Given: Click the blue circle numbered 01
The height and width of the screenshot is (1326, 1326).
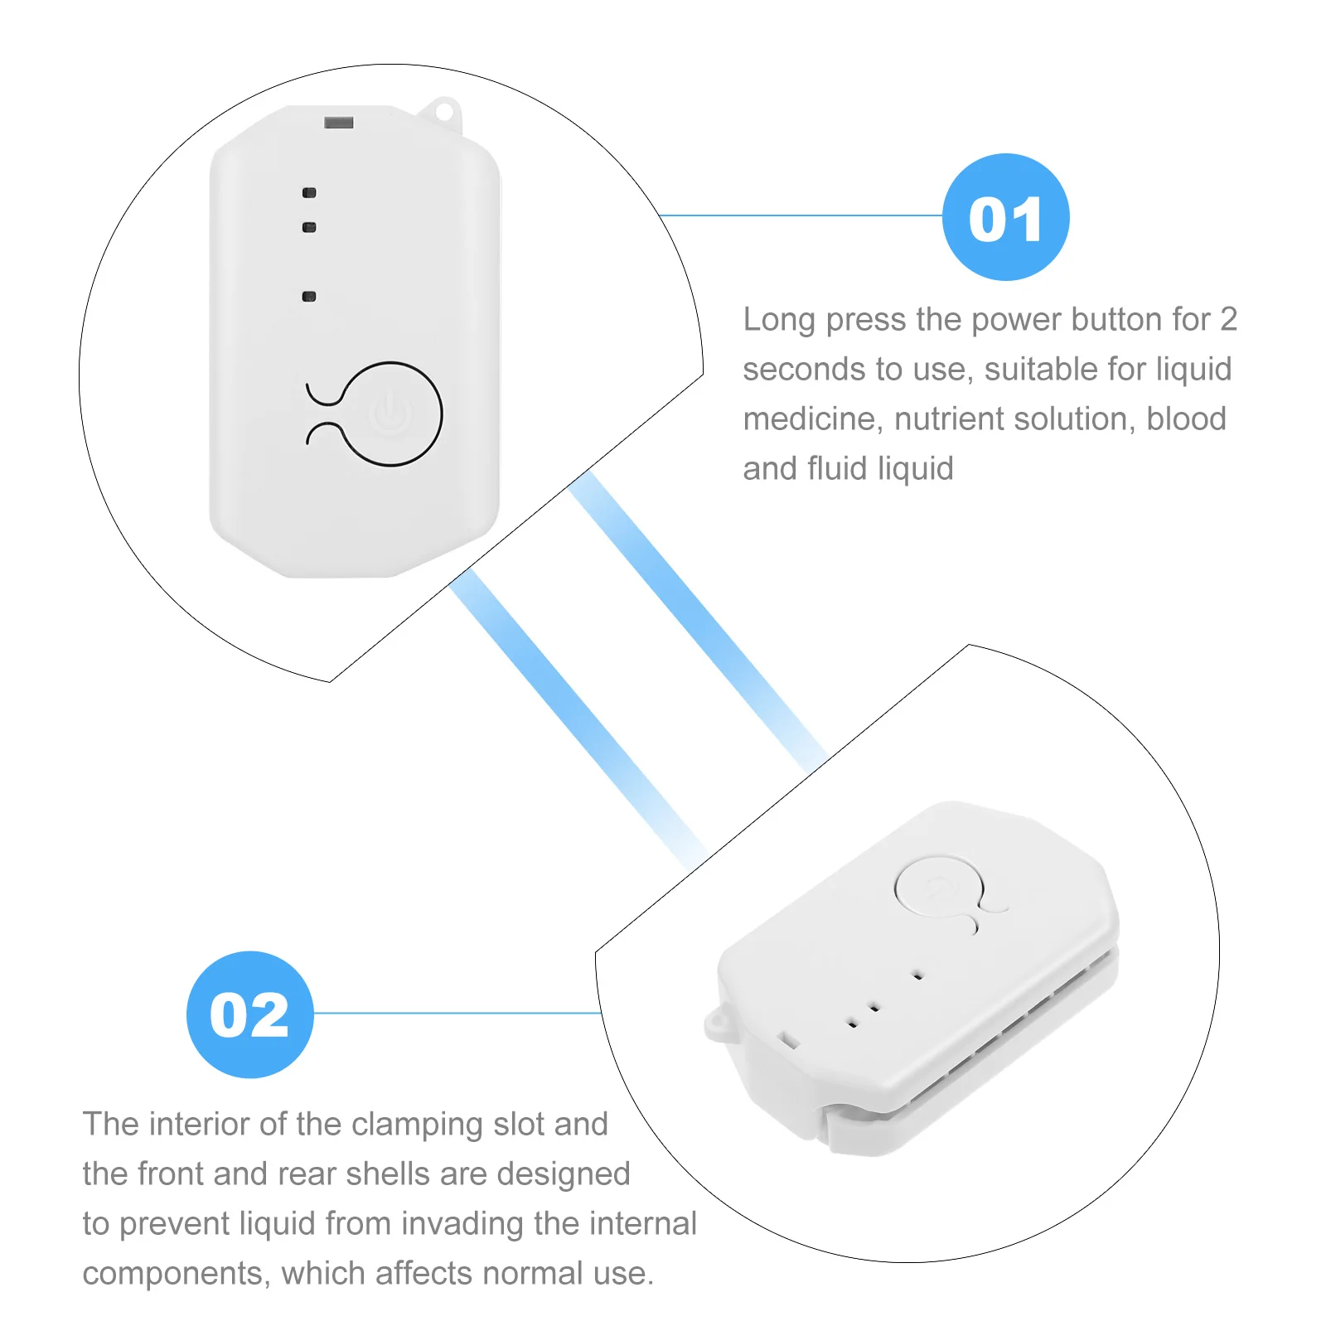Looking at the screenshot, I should (x=1005, y=217).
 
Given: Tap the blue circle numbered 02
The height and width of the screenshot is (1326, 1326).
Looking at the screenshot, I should (x=249, y=1014).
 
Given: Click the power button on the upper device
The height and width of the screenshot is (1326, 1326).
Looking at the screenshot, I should (x=390, y=414).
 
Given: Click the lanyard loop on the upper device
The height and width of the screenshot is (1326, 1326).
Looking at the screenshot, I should (x=443, y=112).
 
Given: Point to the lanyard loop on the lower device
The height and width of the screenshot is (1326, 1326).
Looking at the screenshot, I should (x=717, y=1025).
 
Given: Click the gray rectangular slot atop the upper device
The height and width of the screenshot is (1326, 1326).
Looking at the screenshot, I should (x=338, y=123).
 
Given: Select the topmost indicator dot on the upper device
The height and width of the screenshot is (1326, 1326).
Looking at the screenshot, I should (x=309, y=193).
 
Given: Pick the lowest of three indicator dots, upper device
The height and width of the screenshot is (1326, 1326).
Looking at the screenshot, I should (x=309, y=296).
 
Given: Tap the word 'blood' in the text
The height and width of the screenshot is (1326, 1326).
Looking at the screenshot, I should (x=1185, y=419).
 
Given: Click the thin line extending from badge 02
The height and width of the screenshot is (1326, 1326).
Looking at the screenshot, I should (x=456, y=1013).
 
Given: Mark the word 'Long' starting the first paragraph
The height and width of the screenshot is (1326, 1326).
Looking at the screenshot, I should (x=778, y=320).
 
